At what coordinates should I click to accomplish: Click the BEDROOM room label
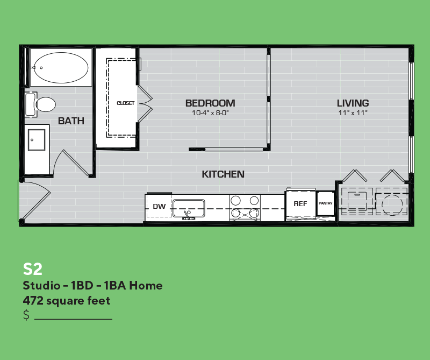(210, 103)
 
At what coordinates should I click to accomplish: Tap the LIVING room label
(353, 103)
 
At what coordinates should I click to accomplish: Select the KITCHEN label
(223, 174)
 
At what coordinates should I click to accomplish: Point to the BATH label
(71, 121)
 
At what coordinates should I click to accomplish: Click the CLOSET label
(126, 103)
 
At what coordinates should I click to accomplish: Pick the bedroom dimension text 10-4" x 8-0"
(210, 113)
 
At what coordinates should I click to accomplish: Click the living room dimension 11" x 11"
(353, 113)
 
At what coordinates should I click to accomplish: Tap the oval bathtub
(61, 68)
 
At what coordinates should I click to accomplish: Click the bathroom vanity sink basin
(37, 140)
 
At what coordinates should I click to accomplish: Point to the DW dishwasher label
(159, 206)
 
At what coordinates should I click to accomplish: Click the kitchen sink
(189, 208)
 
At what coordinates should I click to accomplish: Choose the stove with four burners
(245, 207)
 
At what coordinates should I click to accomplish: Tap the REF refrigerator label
(300, 204)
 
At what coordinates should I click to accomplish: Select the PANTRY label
(326, 203)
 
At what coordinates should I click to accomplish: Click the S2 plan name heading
(33, 269)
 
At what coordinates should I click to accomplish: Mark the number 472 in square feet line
(33, 301)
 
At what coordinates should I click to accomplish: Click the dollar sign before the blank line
(26, 315)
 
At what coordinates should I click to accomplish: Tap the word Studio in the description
(42, 286)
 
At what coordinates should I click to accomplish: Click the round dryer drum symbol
(392, 204)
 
